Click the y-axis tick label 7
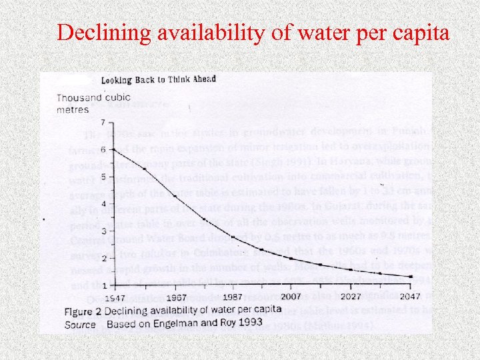(101, 123)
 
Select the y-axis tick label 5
(101, 177)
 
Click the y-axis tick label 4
(101, 204)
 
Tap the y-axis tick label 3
(101, 231)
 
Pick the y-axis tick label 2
(101, 258)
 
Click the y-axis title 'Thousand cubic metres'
(83, 104)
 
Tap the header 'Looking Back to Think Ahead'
(159, 79)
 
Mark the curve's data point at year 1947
(113, 150)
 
